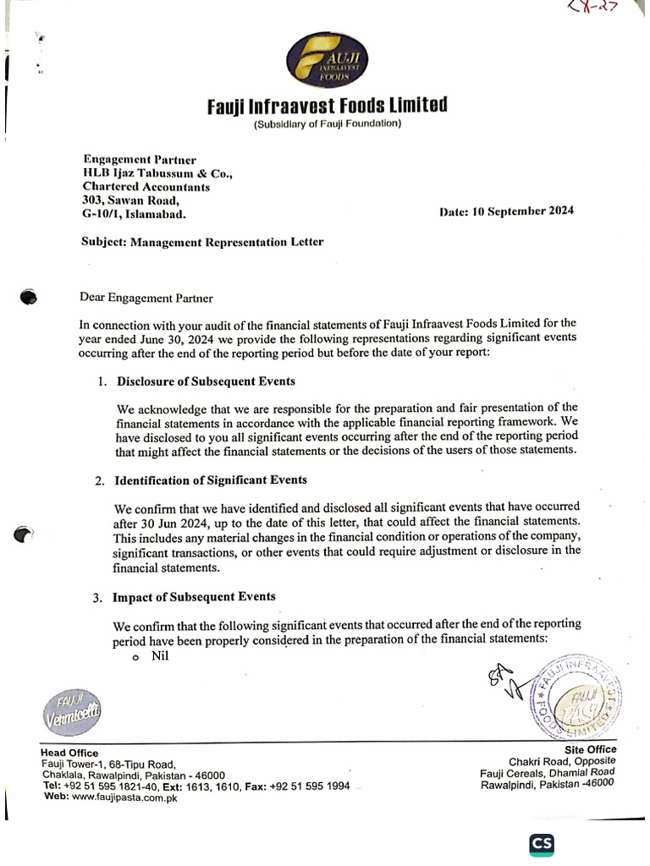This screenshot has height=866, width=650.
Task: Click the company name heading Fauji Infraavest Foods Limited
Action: click(327, 107)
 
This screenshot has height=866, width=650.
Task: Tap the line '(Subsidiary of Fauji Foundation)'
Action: click(327, 125)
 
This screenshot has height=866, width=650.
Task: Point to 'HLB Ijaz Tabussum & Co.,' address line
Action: click(157, 173)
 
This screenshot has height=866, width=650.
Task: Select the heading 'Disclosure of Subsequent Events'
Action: click(206, 381)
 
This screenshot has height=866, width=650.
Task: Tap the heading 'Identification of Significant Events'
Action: click(211, 480)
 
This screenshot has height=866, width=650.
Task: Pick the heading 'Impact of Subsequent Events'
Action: click(194, 597)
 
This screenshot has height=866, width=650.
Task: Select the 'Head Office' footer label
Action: click(69, 753)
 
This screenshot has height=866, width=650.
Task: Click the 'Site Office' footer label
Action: click(590, 749)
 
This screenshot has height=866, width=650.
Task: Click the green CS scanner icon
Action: click(542, 845)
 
